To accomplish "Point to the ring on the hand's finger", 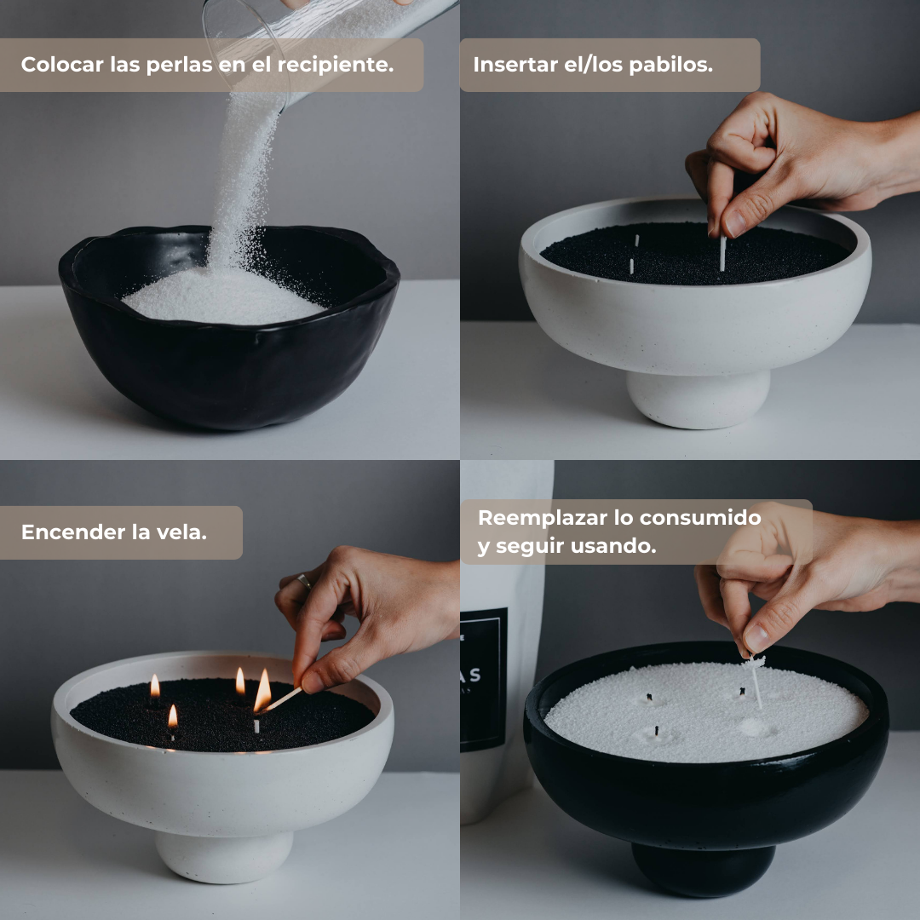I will click(x=304, y=582).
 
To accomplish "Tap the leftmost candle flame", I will click(x=154, y=686).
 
